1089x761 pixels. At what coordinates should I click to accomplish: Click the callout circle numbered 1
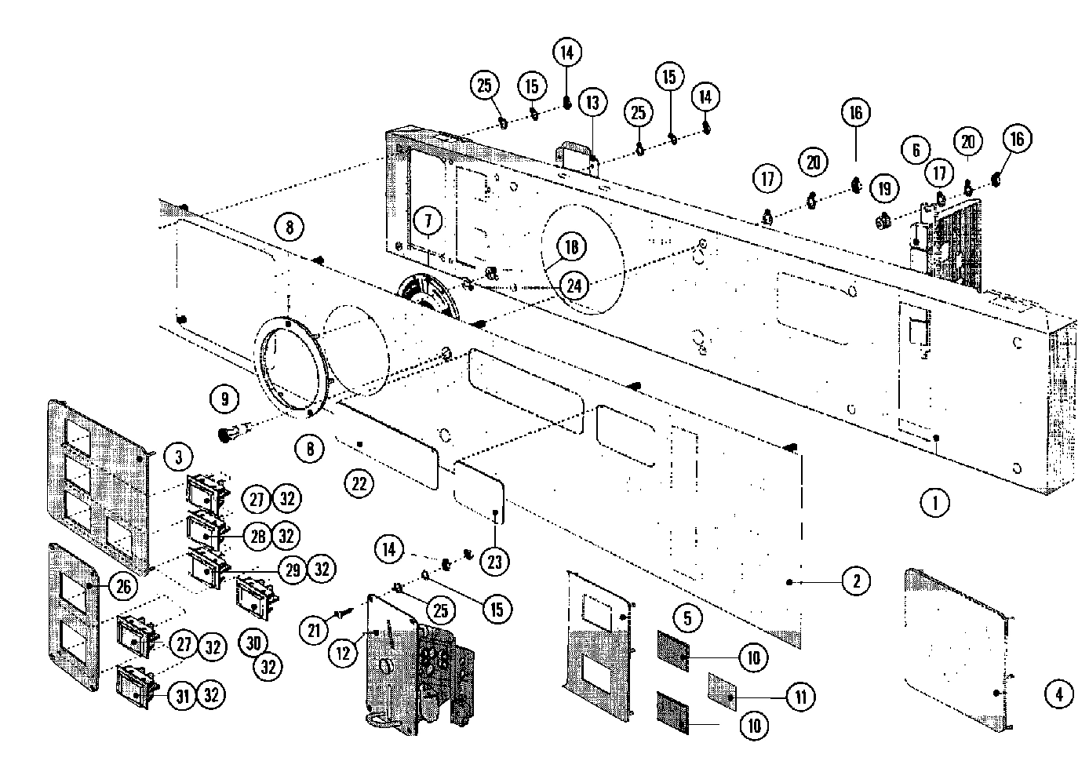[x=935, y=503]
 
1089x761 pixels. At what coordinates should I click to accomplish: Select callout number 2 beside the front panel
[x=856, y=581]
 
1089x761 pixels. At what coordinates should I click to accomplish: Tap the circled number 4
[x=1058, y=694]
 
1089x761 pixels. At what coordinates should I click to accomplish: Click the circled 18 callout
[x=572, y=247]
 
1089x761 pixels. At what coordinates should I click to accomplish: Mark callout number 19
[x=885, y=189]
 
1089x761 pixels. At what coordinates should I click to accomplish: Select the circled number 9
[x=224, y=399]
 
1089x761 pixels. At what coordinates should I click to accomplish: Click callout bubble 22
[x=359, y=484]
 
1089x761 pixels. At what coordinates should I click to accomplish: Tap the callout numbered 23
[x=494, y=562]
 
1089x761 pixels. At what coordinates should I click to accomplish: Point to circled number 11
[x=801, y=696]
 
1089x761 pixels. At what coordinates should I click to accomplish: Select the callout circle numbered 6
[x=916, y=149]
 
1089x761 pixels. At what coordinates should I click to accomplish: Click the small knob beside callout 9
[x=229, y=432]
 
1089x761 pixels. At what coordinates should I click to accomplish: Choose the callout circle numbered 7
[x=428, y=221]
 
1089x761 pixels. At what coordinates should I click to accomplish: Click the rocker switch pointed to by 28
[x=205, y=529]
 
